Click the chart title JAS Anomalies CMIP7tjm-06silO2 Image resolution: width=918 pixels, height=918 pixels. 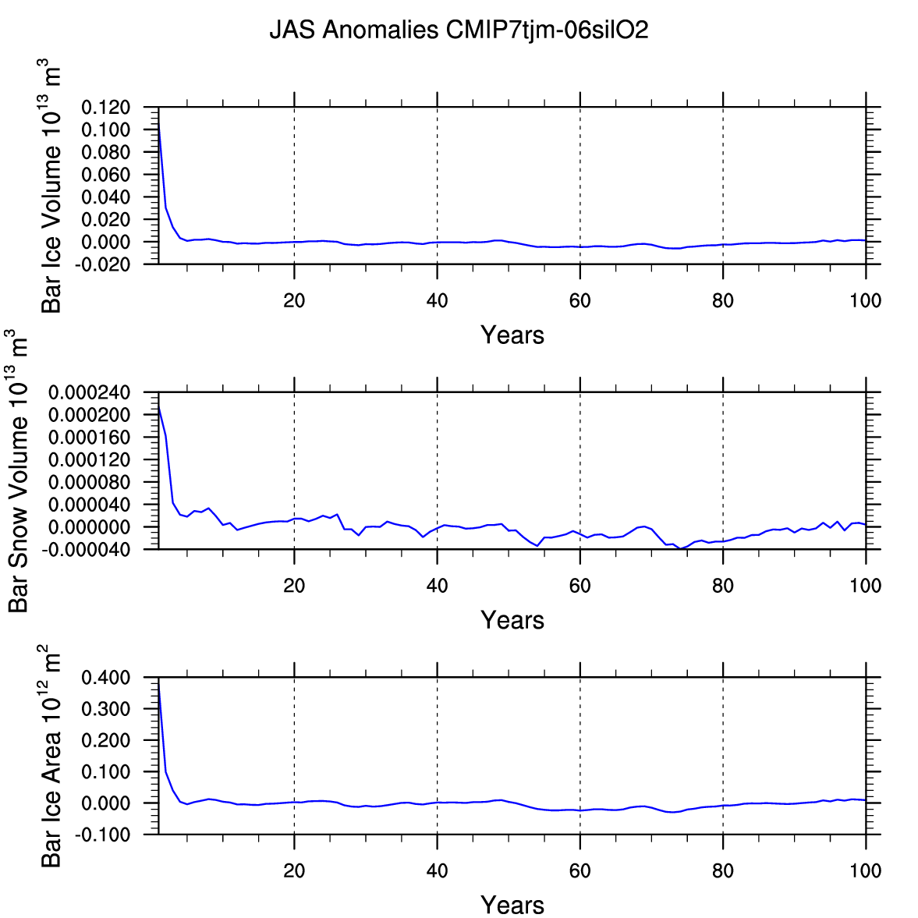459,30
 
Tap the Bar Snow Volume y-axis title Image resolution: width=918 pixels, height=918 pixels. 19,471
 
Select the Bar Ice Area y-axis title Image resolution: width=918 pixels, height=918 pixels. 51,757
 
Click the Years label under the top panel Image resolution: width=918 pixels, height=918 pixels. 512,335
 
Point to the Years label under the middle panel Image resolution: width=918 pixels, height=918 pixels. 512,621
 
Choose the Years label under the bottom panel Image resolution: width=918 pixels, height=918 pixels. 512,906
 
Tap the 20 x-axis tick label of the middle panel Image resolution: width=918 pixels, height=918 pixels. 294,587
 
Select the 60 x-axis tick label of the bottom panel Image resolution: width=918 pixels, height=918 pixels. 580,871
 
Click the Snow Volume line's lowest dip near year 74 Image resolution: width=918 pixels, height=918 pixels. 681,549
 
